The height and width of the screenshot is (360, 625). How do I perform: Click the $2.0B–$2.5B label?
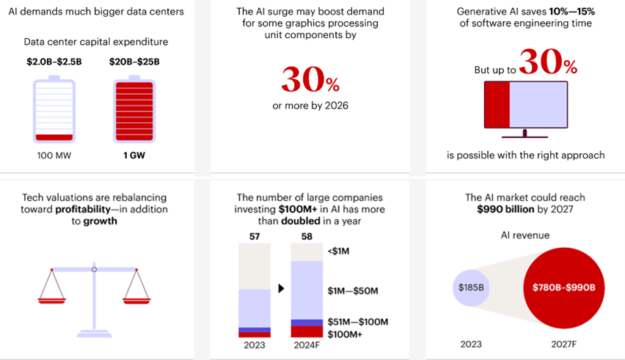(54, 61)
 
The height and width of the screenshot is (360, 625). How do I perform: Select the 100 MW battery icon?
(54, 109)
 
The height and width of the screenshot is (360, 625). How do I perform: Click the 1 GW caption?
(134, 156)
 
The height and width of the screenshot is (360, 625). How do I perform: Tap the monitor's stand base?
(525, 137)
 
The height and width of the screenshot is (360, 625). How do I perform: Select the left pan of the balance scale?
(51, 298)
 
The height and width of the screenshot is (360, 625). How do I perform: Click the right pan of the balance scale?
(136, 298)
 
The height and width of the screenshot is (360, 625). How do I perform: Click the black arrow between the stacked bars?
(280, 288)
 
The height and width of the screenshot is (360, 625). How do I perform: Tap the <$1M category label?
(340, 251)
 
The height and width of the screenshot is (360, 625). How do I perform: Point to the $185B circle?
(470, 287)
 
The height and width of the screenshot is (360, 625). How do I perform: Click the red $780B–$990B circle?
(563, 287)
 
